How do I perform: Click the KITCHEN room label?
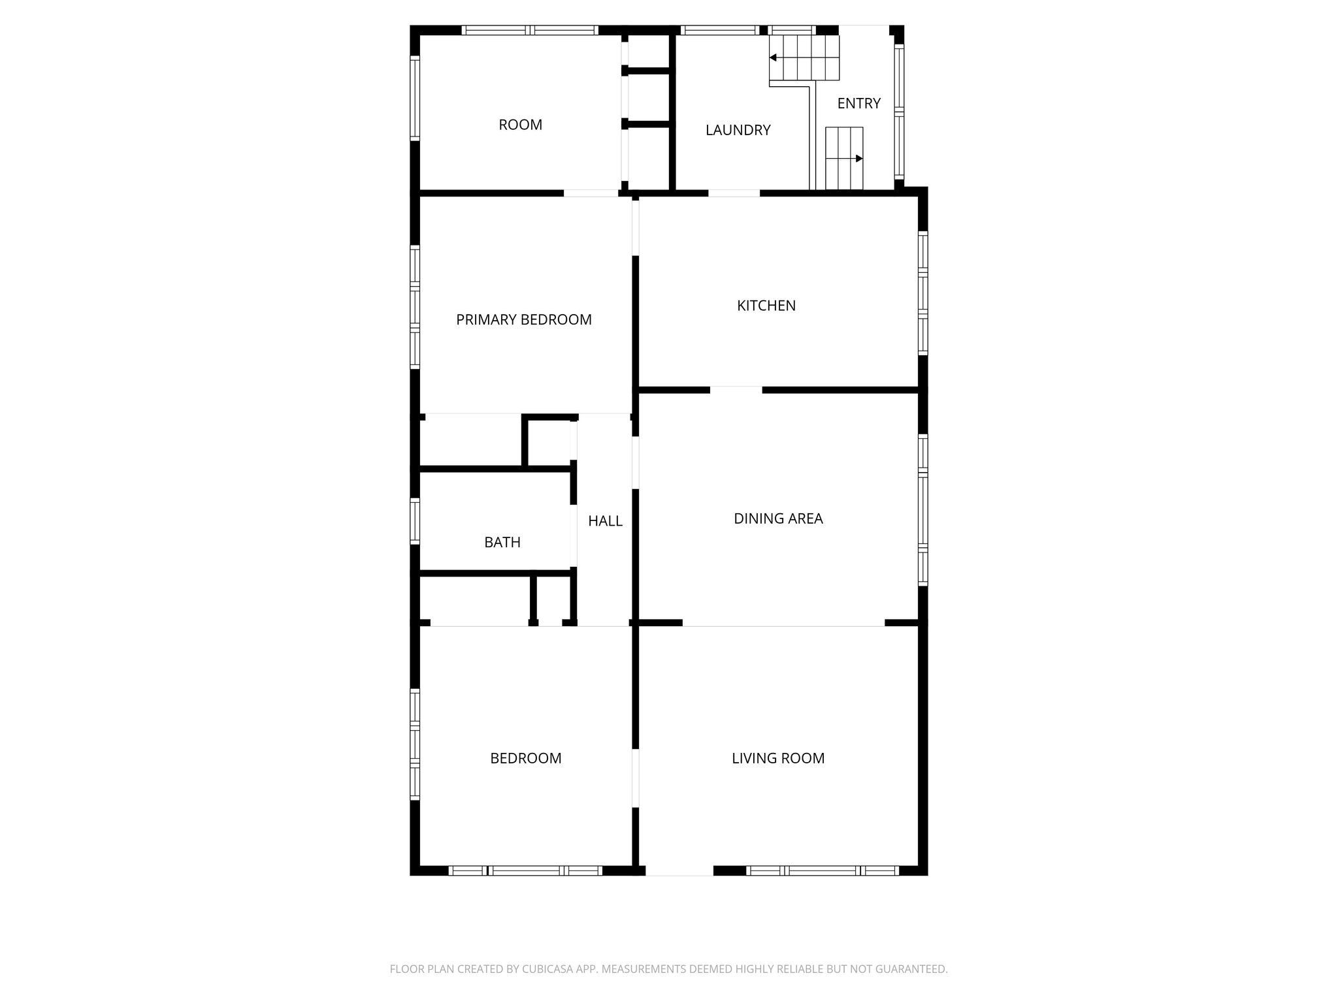[x=766, y=306]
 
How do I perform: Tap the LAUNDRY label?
[x=738, y=130]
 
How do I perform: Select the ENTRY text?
[x=859, y=103]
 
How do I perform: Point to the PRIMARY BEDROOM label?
[x=524, y=319]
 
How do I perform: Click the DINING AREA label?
[x=778, y=518]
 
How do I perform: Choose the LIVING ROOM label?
[x=778, y=758]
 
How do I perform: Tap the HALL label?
[x=605, y=521]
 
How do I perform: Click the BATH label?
[x=502, y=542]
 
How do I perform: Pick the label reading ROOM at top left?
[x=521, y=125]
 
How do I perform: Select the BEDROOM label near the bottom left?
[x=526, y=758]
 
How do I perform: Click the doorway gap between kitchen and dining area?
[x=736, y=390]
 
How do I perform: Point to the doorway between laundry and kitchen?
[x=734, y=193]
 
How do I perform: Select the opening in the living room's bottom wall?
[x=679, y=870]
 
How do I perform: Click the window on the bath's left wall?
[x=415, y=521]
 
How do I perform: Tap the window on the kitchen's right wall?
[x=923, y=293]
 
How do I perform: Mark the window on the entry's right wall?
[x=899, y=112]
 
